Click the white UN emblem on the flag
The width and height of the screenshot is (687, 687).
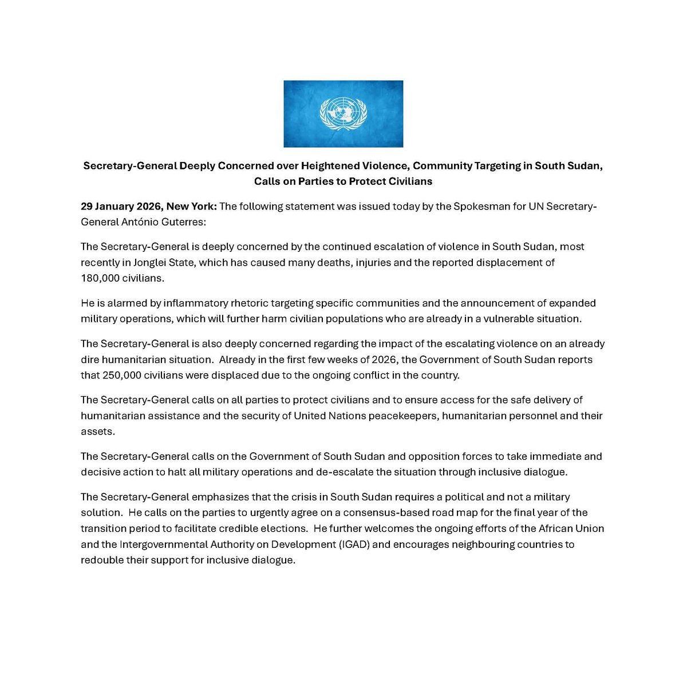click(x=343, y=113)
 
